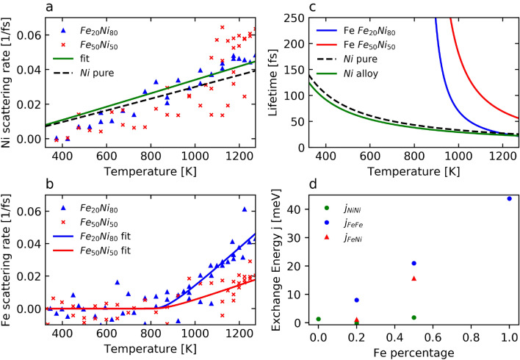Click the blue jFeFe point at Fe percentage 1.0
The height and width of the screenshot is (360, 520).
click(510, 198)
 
